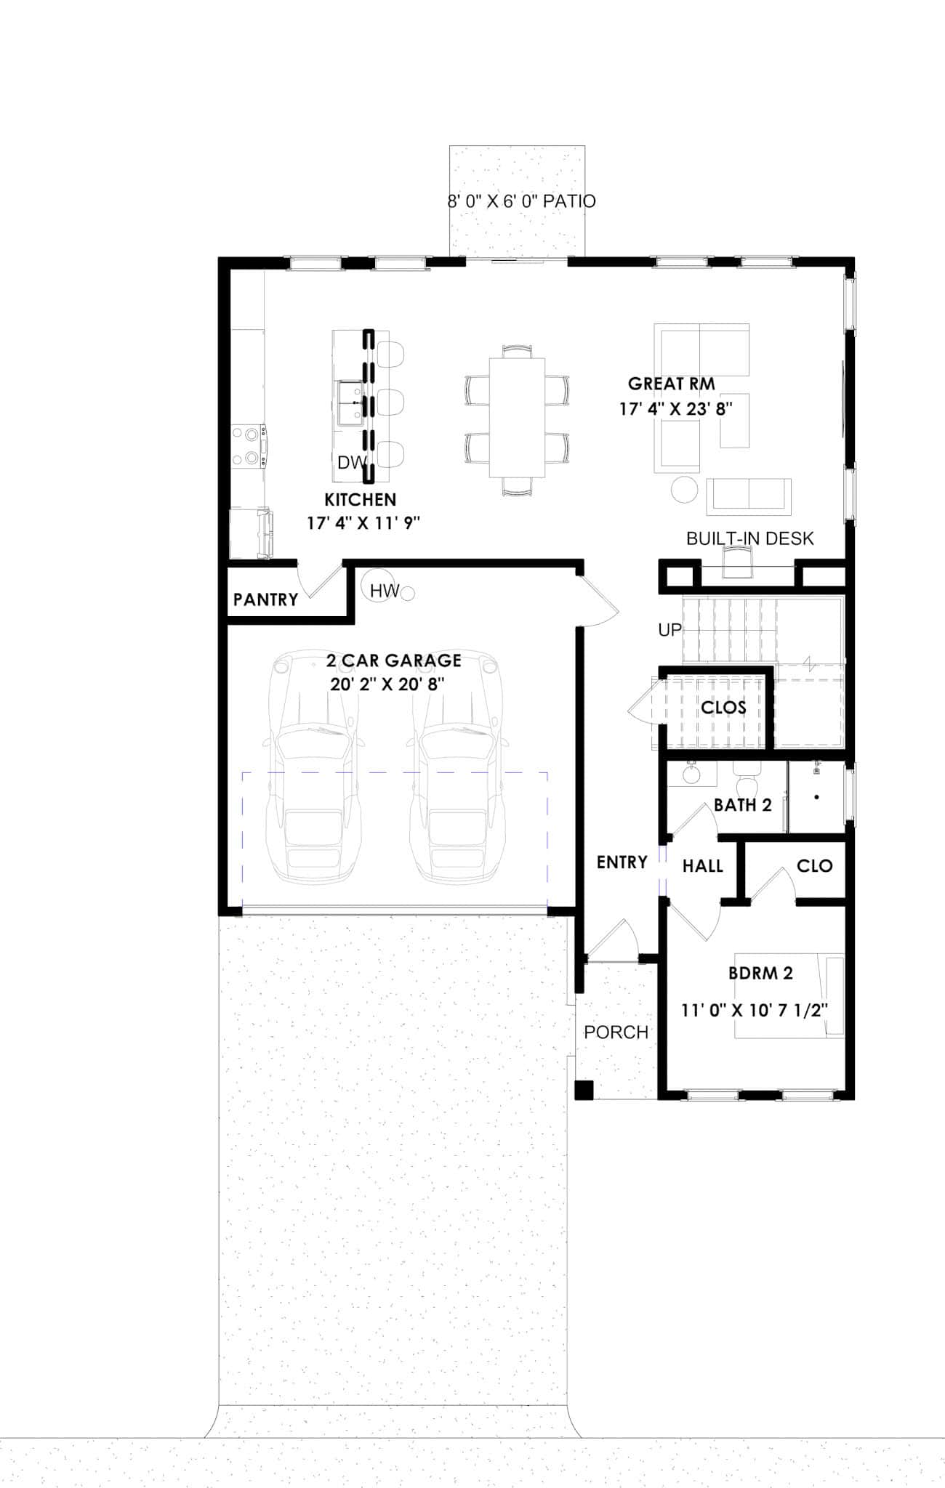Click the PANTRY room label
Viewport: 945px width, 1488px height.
click(265, 599)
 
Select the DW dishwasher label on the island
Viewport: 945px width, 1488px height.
click(351, 463)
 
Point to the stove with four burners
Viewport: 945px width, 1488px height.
click(248, 446)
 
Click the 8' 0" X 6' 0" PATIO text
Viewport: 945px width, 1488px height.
click(521, 201)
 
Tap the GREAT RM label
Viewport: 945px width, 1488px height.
click(671, 384)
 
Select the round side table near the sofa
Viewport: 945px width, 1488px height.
click(684, 489)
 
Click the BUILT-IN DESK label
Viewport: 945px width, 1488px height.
click(749, 538)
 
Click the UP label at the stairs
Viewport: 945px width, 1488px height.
click(669, 630)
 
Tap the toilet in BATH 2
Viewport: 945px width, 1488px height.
click(746, 781)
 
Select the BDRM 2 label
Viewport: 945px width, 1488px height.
click(760, 973)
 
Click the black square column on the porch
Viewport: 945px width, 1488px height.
click(584, 1090)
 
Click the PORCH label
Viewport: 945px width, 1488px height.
click(616, 1032)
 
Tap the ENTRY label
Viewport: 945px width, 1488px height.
click(622, 862)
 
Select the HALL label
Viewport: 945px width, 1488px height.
click(702, 866)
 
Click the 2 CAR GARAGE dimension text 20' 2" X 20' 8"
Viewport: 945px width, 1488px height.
click(387, 684)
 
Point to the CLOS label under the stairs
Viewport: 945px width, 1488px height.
click(723, 707)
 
